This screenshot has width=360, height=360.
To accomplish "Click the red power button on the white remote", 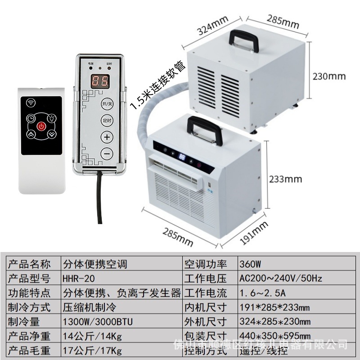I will coord(41,126).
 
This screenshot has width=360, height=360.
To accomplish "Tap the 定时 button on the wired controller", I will coord(107,121).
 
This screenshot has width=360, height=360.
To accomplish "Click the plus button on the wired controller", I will coord(107,137).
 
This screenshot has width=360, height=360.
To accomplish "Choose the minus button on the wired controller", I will coord(107,153).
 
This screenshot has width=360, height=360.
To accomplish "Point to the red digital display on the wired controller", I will coord(99,81).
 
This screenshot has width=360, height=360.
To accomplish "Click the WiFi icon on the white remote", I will coord(31,102).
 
